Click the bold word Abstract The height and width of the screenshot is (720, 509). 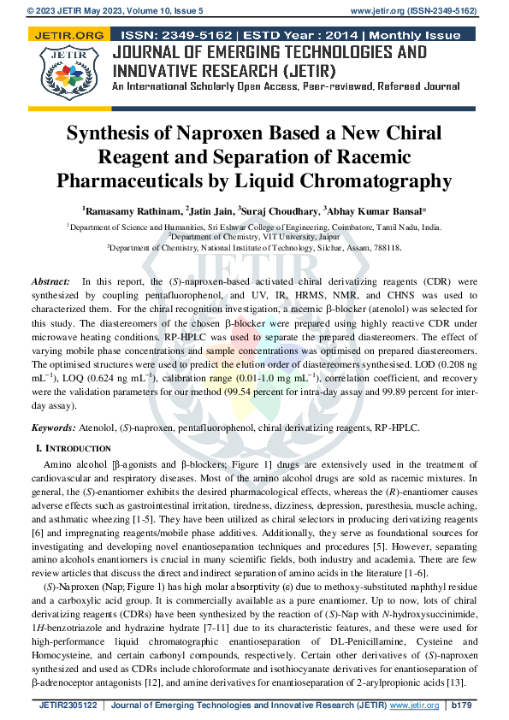[x=50, y=281]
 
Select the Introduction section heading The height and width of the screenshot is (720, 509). [x=76, y=448]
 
